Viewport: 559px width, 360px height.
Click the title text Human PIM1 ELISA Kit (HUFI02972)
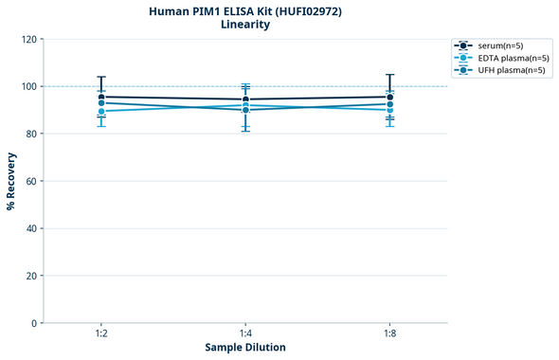click(245, 10)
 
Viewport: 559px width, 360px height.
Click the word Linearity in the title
click(245, 25)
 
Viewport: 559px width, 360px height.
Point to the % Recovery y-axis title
click(11, 181)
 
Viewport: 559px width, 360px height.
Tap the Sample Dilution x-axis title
click(245, 347)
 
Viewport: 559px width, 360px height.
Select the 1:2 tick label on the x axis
click(101, 333)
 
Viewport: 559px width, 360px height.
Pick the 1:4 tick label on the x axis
click(245, 333)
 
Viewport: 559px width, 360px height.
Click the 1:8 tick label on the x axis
click(389, 333)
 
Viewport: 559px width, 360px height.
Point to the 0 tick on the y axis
click(34, 323)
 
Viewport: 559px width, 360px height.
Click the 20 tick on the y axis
click(31, 276)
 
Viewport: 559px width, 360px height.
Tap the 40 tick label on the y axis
click(31, 228)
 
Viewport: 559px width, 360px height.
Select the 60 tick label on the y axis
click(31, 181)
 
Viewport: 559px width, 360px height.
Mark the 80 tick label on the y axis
click(31, 134)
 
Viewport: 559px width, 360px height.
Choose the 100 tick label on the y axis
click(28, 86)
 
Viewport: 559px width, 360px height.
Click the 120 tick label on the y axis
click(28, 39)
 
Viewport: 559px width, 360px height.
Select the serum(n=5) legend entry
click(497, 45)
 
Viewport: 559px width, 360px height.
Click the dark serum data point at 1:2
click(101, 97)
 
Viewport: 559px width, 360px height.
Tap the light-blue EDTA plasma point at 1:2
click(101, 112)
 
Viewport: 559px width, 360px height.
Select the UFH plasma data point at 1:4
click(245, 110)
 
